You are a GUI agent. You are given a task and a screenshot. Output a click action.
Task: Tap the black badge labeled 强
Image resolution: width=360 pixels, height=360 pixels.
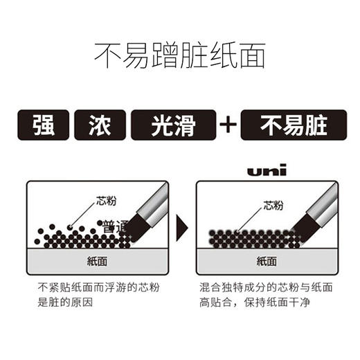(x=43, y=125)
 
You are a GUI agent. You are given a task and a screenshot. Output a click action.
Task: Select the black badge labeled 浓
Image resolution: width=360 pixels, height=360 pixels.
(x=100, y=125)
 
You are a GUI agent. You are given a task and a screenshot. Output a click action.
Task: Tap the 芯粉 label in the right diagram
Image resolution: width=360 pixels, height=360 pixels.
(x=273, y=205)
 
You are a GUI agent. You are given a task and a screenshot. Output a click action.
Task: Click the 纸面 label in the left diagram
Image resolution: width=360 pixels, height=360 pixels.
(x=96, y=262)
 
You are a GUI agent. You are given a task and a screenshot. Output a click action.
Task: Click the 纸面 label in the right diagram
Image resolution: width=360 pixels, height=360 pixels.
(x=267, y=262)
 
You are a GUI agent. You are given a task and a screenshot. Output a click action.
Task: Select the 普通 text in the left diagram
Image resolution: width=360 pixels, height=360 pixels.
(x=114, y=226)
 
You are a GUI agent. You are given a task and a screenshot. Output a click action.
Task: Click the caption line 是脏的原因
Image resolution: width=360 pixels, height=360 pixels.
(x=63, y=301)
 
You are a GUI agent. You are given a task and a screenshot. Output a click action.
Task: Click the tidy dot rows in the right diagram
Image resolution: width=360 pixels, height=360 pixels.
(x=253, y=238)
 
